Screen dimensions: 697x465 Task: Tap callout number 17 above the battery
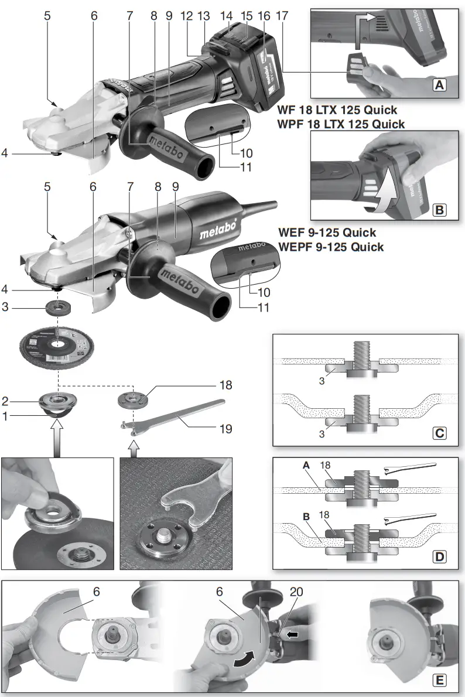[282, 17]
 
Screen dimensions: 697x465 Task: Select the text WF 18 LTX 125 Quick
[338, 110]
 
